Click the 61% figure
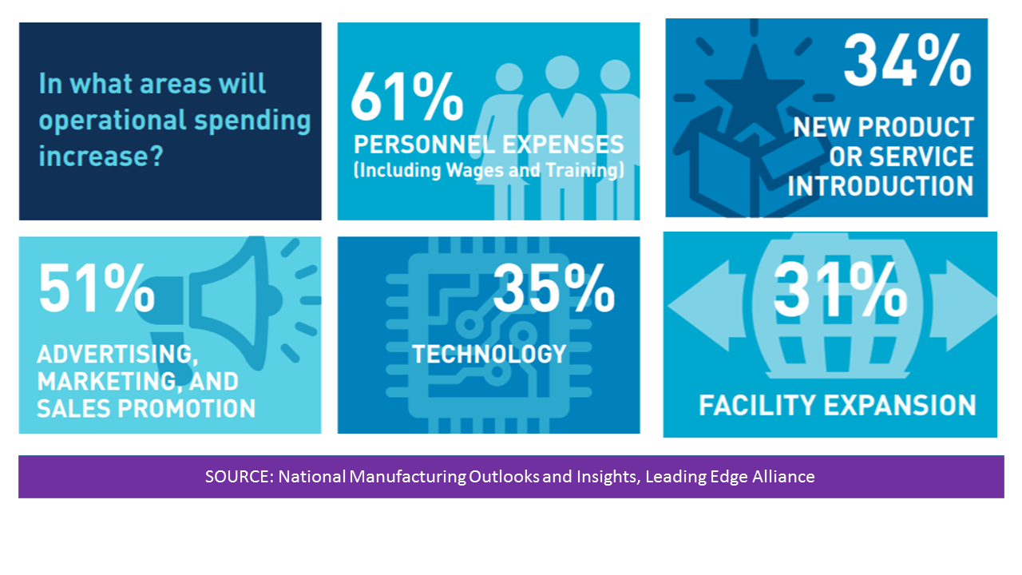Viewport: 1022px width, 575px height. click(407, 97)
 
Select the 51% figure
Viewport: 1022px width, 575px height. click(97, 288)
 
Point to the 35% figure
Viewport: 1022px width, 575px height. click(553, 288)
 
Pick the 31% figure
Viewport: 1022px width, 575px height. click(840, 290)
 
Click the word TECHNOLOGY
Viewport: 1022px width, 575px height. click(489, 354)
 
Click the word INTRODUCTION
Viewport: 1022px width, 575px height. click(881, 186)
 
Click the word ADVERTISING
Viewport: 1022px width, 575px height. click(117, 354)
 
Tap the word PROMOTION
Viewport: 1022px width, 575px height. click(187, 408)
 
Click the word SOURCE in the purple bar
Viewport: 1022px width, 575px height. click(239, 477)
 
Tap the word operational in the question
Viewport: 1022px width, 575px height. click(113, 121)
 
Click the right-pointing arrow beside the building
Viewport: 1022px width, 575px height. click(962, 306)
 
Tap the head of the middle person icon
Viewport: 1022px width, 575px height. click(562, 72)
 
